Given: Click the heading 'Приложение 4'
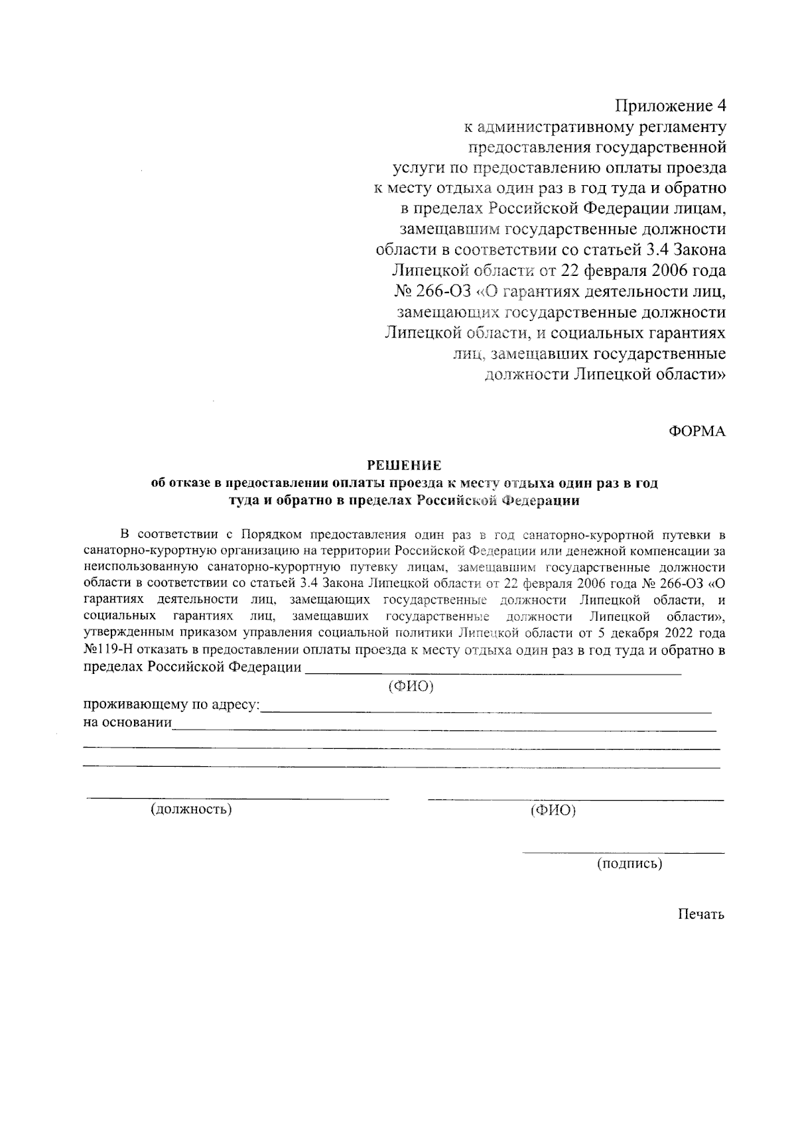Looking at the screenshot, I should pos(671,105).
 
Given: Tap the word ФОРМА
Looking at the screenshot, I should pos(696,431).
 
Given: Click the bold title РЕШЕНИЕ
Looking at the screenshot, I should pos(405,466).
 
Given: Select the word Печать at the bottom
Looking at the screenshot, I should pos(700,915).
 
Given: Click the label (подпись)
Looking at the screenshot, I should pos(629,864).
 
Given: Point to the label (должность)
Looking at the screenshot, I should pos(192,809).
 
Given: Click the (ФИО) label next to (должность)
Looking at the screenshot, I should pos(553,810).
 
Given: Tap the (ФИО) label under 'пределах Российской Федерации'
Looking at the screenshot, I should pos(411,687).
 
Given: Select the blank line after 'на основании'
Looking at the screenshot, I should pos(444,729).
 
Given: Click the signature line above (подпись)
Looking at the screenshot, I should pos(623,852).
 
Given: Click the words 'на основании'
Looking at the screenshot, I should pos(128,722).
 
